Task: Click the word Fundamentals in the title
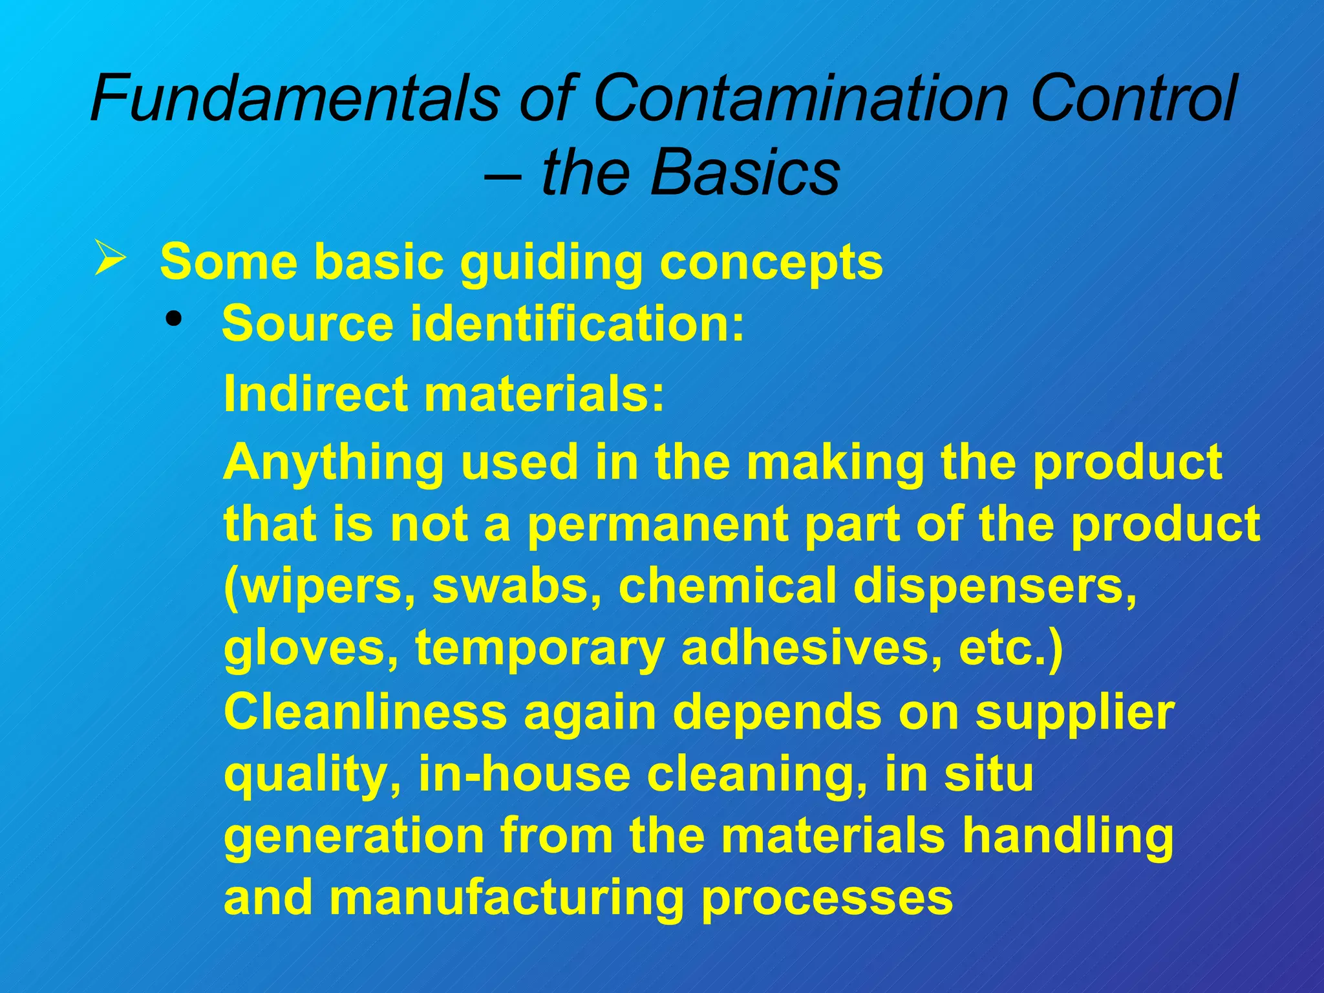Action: click(x=295, y=98)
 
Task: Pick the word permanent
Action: click(x=657, y=526)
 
